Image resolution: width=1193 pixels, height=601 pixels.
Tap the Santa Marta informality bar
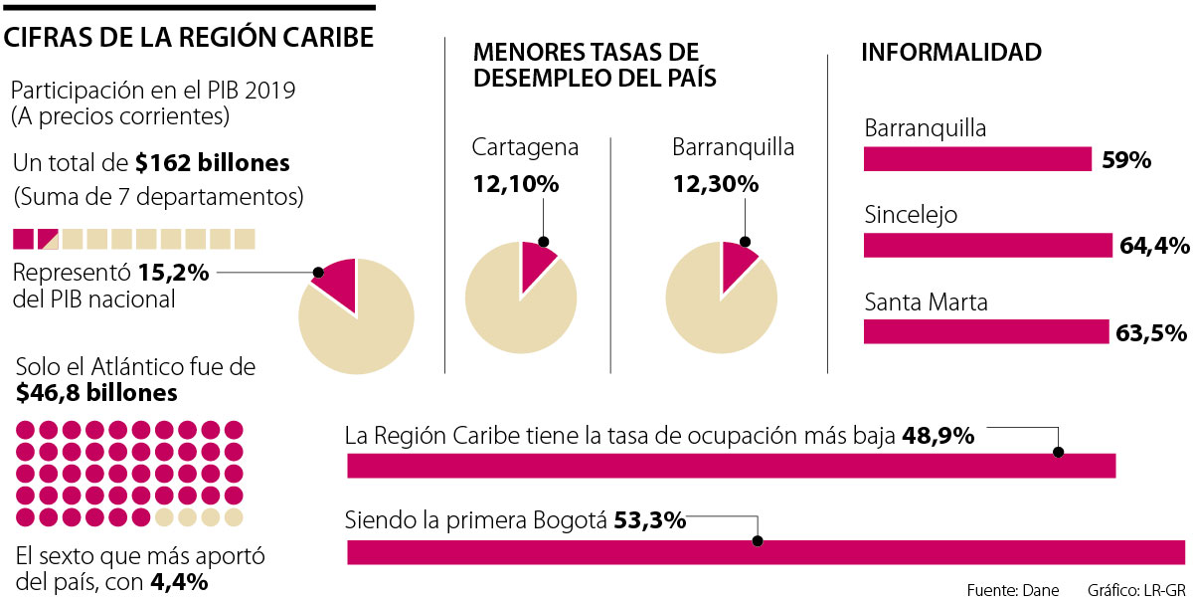pyautogui.click(x=985, y=331)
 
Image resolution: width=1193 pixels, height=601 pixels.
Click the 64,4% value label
pyautogui.click(x=1153, y=246)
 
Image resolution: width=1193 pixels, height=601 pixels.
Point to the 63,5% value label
pyautogui.click(x=1151, y=332)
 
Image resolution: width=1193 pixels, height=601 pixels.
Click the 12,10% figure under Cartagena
pyautogui.click(x=515, y=184)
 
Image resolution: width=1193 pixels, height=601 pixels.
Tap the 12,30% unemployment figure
pyautogui.click(x=715, y=184)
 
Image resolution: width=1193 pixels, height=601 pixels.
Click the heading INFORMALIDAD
pyautogui.click(x=950, y=53)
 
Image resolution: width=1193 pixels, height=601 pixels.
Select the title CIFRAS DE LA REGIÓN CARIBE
pyautogui.click(x=190, y=38)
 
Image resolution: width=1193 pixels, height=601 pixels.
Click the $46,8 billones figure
pyautogui.click(x=96, y=393)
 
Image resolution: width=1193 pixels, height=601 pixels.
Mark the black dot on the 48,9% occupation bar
pyautogui.click(x=1058, y=452)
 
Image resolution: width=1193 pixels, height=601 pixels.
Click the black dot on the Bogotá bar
pyautogui.click(x=758, y=542)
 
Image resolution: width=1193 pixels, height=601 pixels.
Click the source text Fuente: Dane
pyautogui.click(x=1012, y=590)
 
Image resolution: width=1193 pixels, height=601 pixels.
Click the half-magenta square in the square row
pyautogui.click(x=48, y=239)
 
